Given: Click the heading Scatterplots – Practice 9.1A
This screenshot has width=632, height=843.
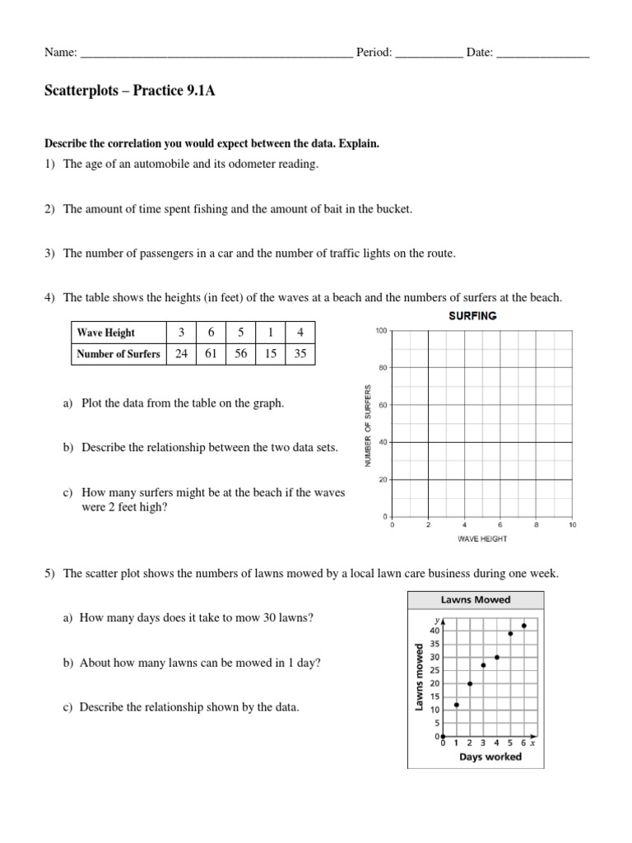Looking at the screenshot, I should pyautogui.click(x=129, y=91).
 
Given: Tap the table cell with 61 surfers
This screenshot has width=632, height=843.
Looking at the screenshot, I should pyautogui.click(x=211, y=354).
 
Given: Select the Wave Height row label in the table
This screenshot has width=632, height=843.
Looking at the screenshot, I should pyautogui.click(x=106, y=333).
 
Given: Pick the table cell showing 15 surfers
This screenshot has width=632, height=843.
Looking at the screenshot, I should pyautogui.click(x=271, y=354).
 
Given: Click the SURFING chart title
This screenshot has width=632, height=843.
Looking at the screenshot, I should pyautogui.click(x=472, y=316).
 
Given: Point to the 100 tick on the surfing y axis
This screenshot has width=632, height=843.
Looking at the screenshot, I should pyautogui.click(x=381, y=331).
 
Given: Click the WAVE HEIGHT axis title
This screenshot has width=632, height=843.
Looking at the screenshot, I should pyautogui.click(x=482, y=539).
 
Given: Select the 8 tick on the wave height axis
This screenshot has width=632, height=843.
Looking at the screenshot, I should pyautogui.click(x=536, y=524).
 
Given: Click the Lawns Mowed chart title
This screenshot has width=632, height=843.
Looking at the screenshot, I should pyautogui.click(x=474, y=599).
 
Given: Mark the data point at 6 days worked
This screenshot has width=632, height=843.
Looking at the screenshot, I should pyautogui.click(x=524, y=626).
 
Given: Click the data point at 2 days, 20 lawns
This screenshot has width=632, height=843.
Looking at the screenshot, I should pyautogui.click(x=470, y=683).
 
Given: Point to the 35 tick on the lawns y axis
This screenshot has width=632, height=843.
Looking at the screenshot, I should pyautogui.click(x=434, y=644).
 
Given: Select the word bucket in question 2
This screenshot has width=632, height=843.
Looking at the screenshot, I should pyautogui.click(x=394, y=209).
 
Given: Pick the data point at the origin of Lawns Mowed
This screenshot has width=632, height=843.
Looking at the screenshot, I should pyautogui.click(x=443, y=736).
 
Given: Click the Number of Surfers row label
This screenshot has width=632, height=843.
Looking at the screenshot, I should pyautogui.click(x=118, y=354).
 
